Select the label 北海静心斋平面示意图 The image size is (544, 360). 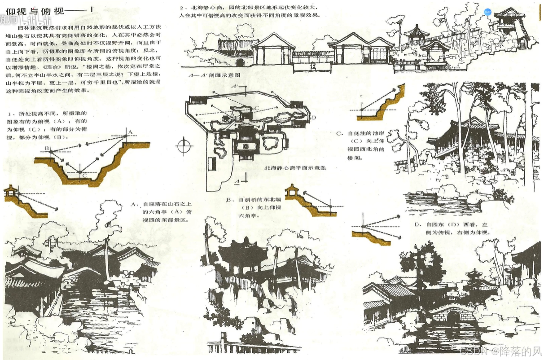295,168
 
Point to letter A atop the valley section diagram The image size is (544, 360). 131,131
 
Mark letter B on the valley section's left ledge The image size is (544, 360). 46,149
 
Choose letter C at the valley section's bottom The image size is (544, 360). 84,176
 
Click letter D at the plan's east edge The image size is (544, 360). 313,118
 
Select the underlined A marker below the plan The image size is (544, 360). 237,181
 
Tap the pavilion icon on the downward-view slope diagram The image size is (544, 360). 12,190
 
